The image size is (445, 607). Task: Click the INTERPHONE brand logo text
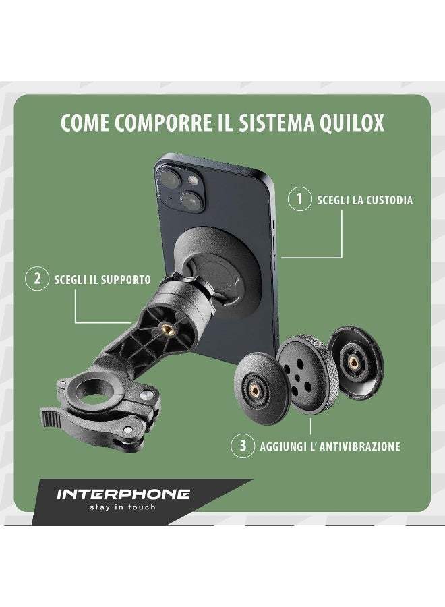122,494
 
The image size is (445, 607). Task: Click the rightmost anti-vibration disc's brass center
353,362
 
